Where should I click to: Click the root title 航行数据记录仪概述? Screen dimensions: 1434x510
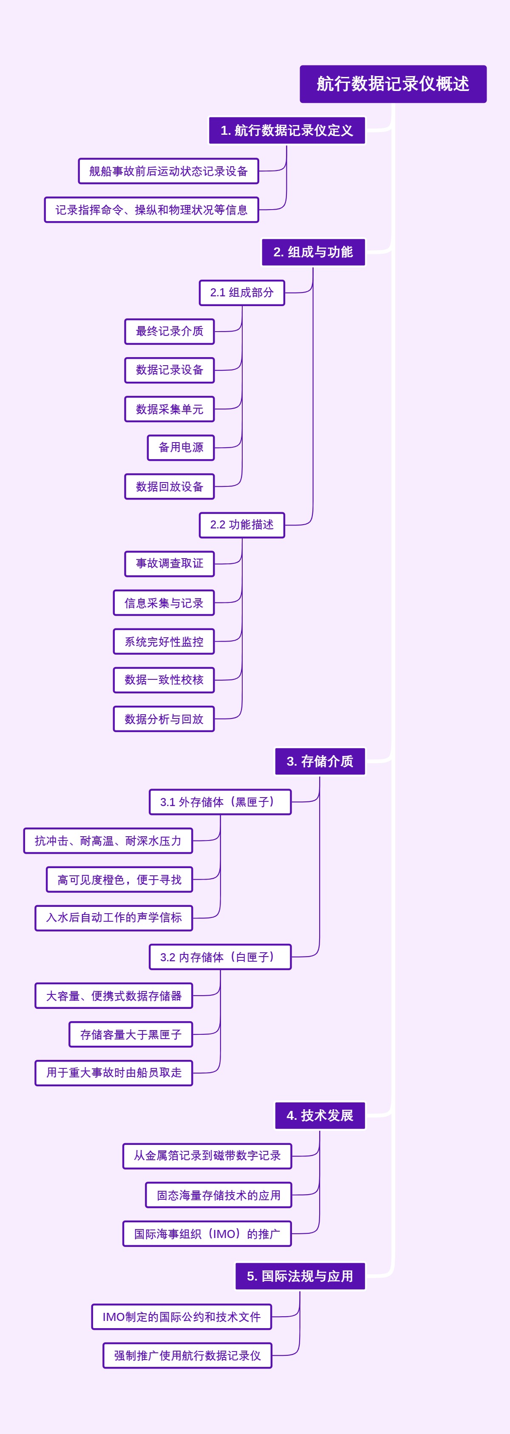[x=393, y=84]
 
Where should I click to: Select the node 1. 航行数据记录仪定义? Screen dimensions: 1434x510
[x=287, y=130]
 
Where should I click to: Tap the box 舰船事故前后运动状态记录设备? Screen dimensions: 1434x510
[x=168, y=171]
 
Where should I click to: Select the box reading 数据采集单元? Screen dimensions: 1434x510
[x=169, y=409]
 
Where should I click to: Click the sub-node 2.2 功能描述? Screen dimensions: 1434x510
[x=242, y=525]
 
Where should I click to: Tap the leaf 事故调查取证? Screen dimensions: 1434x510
[x=169, y=564]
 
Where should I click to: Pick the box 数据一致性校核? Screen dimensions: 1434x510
[x=164, y=680]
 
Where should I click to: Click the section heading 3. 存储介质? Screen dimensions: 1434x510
[x=320, y=761]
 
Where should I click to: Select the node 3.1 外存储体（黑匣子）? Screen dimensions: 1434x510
[x=220, y=802]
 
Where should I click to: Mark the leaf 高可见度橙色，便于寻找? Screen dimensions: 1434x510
[x=119, y=880]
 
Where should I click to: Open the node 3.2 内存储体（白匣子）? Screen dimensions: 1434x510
[x=220, y=957]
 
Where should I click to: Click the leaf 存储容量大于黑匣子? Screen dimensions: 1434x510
[x=130, y=1034]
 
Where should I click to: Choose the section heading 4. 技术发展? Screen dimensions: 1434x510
[x=320, y=1116]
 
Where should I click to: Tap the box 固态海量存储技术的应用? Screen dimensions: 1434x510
[x=218, y=1195]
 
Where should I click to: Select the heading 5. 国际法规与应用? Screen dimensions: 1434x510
[x=300, y=1276]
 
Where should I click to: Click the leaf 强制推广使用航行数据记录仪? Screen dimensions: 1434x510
[x=187, y=1355]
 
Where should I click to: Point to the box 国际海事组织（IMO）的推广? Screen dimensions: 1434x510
[x=207, y=1234]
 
